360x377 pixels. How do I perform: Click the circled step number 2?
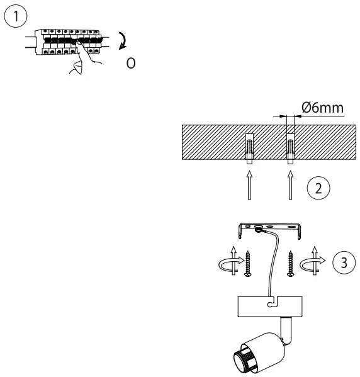tap(320, 187)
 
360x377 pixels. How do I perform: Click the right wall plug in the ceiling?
tap(290, 147)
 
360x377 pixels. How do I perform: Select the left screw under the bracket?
tap(250, 264)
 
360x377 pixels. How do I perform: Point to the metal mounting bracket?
tap(270, 227)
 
